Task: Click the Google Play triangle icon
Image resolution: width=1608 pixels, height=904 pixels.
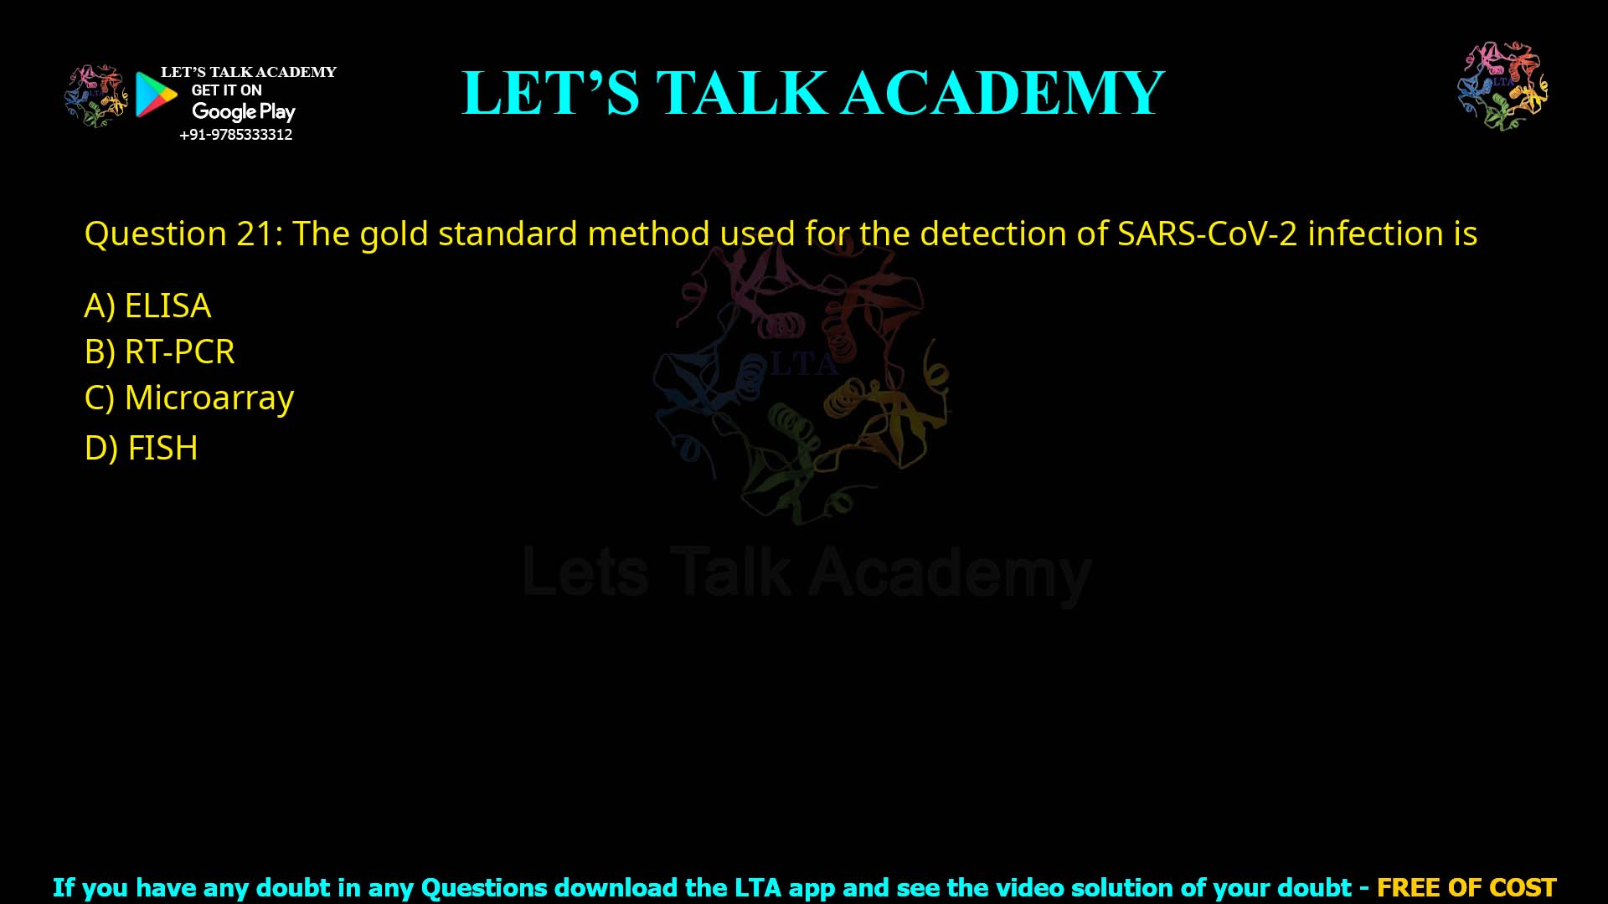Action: click(x=156, y=95)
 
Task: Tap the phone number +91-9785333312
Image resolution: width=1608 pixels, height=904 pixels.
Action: click(x=235, y=135)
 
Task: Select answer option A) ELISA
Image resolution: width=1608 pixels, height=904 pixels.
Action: click(x=147, y=306)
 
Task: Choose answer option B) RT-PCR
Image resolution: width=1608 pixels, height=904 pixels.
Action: click(x=159, y=352)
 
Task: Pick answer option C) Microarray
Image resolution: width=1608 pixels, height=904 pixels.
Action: click(x=189, y=398)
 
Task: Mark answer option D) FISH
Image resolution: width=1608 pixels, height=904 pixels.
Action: click(x=141, y=449)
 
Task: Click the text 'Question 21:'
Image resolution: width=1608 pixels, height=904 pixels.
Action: click(x=183, y=234)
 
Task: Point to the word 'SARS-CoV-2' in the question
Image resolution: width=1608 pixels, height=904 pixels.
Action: click(x=1207, y=234)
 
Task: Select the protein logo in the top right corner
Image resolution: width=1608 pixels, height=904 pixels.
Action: click(x=1502, y=85)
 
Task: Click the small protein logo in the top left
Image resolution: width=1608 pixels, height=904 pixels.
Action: click(x=96, y=95)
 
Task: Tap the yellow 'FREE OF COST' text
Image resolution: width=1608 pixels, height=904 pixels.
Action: click(x=1466, y=887)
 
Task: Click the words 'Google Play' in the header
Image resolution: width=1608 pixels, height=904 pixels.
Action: click(x=243, y=111)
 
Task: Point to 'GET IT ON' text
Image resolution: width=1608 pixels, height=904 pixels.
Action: click(x=226, y=90)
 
